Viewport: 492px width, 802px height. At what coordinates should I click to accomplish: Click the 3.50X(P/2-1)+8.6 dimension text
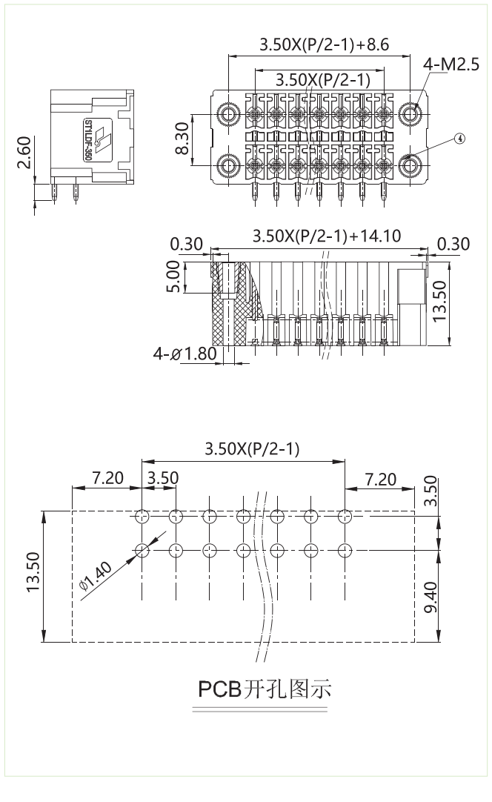(324, 44)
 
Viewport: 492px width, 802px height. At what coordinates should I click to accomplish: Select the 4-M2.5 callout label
(451, 66)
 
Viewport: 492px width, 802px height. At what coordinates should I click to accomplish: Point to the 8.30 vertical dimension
(182, 139)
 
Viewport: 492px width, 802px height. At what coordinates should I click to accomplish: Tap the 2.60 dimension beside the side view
(23, 152)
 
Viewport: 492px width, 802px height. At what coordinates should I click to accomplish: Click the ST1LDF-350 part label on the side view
(88, 139)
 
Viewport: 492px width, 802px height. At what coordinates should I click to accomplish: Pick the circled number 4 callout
(460, 139)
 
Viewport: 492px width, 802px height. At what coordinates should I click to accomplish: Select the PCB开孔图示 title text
(264, 689)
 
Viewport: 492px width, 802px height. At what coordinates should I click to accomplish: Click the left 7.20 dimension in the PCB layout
(108, 478)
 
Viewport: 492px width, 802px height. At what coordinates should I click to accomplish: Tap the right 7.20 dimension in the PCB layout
(381, 479)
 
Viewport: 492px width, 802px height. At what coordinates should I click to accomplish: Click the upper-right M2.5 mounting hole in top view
(410, 113)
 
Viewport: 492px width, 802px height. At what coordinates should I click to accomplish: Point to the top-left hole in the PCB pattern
(142, 516)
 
